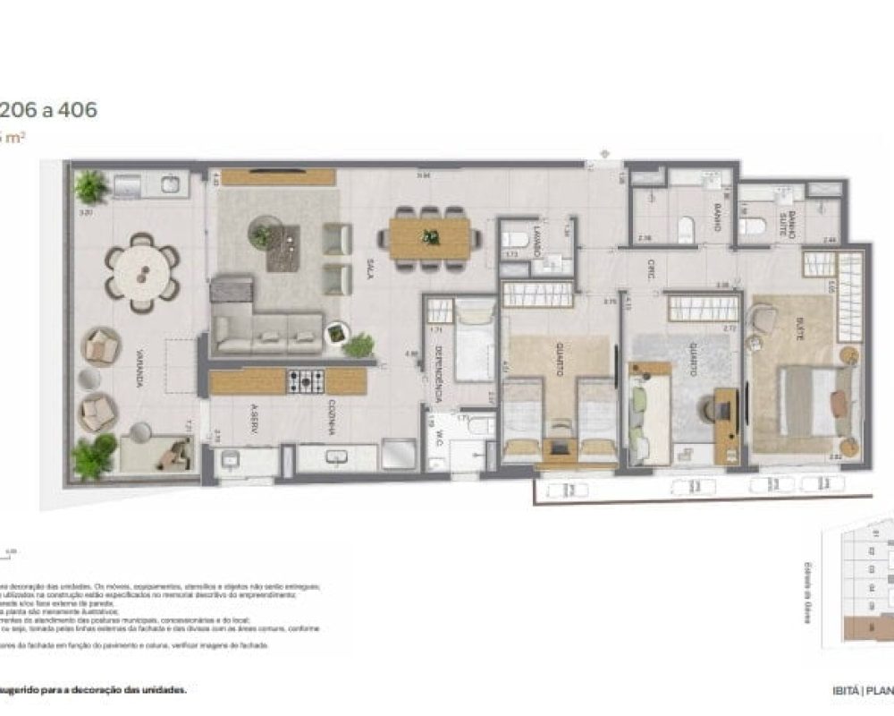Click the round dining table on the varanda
point(142,272)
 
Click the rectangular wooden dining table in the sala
point(429,238)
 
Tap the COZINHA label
point(330,417)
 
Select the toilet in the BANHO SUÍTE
point(752,226)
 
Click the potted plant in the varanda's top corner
point(90,186)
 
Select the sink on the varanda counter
point(168,186)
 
